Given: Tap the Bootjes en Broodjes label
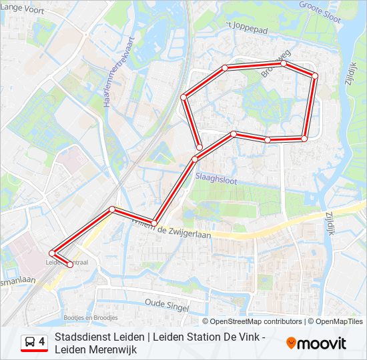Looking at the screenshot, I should pos(90,317).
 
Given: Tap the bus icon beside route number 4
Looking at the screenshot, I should pos(29,343).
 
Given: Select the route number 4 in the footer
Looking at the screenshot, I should pos(42,342).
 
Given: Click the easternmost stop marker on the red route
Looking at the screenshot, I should pos(314,76).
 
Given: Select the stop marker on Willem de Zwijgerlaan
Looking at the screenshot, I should pos(153,223).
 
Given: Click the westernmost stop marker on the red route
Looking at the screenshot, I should pos(52,253).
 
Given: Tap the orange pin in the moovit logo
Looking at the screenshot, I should pos(291,343).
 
